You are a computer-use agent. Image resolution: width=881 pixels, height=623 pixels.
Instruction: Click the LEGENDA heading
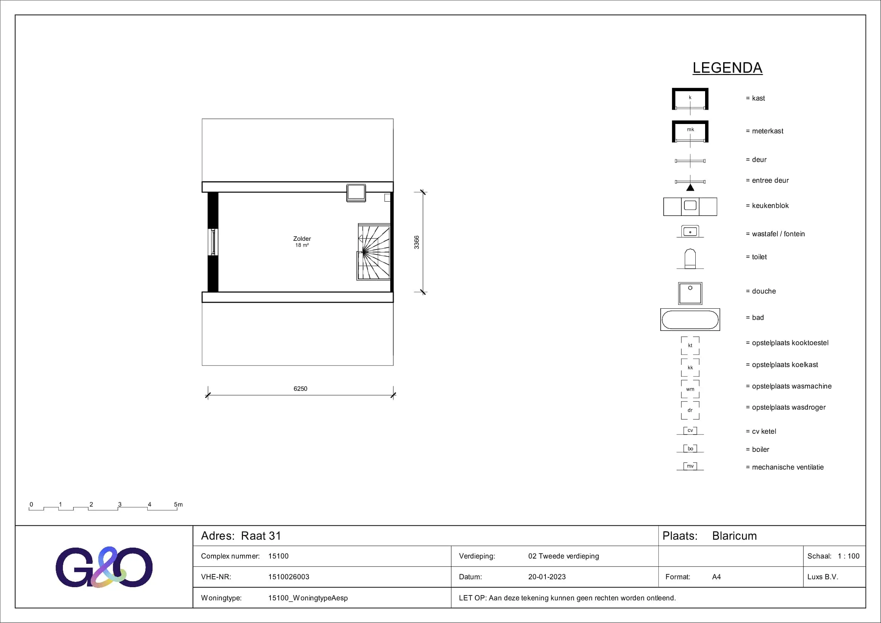pyautogui.click(x=727, y=68)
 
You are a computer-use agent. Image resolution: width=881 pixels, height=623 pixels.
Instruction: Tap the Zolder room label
pyautogui.click(x=302, y=239)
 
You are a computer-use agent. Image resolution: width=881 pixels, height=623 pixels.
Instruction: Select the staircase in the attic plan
pyautogui.click(x=374, y=252)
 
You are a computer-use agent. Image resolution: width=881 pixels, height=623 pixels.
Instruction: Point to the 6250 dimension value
pyautogui.click(x=301, y=389)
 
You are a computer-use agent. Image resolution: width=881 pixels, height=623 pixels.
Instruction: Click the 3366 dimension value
pyautogui.click(x=417, y=242)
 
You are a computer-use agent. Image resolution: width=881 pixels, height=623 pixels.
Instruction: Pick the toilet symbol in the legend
pyautogui.click(x=690, y=259)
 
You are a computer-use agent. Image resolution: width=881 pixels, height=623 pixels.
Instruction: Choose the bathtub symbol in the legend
pyautogui.click(x=690, y=319)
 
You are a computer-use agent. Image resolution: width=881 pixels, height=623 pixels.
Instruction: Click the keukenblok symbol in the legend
pyautogui.click(x=690, y=207)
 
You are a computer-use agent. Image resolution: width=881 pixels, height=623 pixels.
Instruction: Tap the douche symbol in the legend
pyautogui.click(x=690, y=293)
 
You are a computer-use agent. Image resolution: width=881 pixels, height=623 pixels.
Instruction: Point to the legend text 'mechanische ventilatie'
pyautogui.click(x=788, y=467)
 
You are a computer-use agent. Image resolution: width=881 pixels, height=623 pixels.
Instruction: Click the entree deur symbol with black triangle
pyautogui.click(x=690, y=183)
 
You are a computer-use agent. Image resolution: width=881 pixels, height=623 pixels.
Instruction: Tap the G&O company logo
pyautogui.click(x=104, y=567)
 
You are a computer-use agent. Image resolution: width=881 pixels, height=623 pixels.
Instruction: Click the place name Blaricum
pyautogui.click(x=734, y=536)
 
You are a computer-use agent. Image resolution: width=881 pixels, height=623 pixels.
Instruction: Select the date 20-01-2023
pyautogui.click(x=547, y=577)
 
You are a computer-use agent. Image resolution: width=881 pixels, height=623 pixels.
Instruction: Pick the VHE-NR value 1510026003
pyautogui.click(x=289, y=577)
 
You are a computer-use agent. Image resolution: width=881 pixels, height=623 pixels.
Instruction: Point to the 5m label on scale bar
pyautogui.click(x=179, y=504)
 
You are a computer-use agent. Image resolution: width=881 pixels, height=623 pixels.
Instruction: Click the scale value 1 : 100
pyautogui.click(x=849, y=556)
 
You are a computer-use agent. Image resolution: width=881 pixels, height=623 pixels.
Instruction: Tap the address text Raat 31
pyautogui.click(x=261, y=536)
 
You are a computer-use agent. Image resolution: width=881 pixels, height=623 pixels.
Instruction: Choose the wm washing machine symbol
pyautogui.click(x=690, y=389)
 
